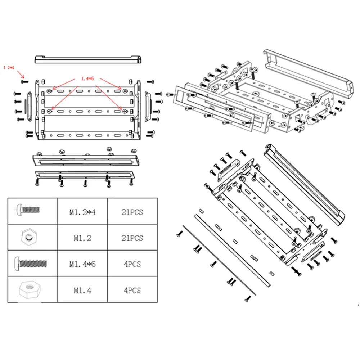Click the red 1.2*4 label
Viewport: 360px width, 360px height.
(x=9, y=68)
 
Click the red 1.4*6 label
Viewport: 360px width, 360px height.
(x=87, y=79)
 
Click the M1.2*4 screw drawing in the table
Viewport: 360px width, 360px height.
(x=28, y=210)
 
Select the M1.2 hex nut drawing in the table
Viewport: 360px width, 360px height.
(x=29, y=237)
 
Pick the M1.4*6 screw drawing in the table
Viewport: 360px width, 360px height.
(x=31, y=264)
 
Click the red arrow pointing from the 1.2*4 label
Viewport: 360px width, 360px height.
(x=21, y=75)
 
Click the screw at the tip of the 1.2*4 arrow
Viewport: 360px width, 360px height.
(x=24, y=81)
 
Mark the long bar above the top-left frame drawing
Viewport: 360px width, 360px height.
(x=88, y=59)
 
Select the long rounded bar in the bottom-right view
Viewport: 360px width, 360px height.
(x=305, y=184)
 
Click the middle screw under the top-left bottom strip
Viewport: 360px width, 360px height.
(x=85, y=183)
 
